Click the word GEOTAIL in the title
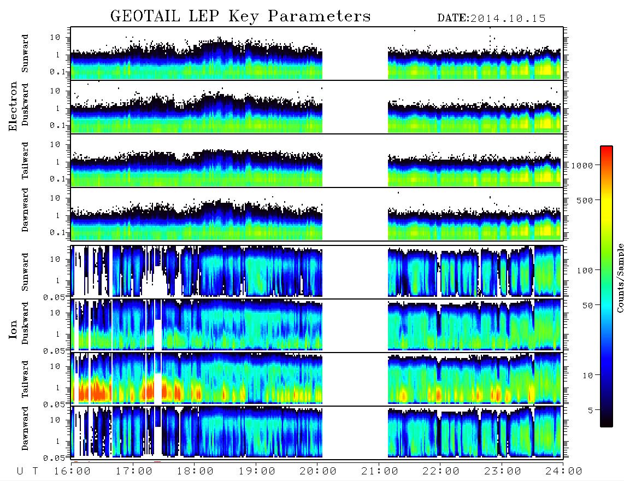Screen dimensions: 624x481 [145, 16]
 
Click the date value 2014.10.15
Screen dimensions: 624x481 [508, 19]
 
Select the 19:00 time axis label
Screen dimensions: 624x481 [257, 471]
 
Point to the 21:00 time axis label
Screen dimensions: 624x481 [380, 471]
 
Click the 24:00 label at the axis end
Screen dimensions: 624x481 [564, 471]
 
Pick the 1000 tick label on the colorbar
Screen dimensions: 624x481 [582, 165]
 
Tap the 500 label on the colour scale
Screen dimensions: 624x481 [585, 200]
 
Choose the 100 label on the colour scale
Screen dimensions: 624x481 [585, 271]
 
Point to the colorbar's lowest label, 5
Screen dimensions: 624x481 [591, 410]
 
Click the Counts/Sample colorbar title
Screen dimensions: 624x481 [620, 278]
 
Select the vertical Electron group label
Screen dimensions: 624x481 [13, 107]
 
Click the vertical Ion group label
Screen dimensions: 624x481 [13, 329]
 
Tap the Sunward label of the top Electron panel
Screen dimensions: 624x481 [25, 54]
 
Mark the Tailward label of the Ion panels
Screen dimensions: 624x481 [25, 379]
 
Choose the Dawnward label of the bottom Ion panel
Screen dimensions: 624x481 [25, 428]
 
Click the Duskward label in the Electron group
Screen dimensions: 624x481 [25, 104]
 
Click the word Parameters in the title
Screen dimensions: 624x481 [319, 16]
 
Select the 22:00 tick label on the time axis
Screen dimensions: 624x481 [441, 471]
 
